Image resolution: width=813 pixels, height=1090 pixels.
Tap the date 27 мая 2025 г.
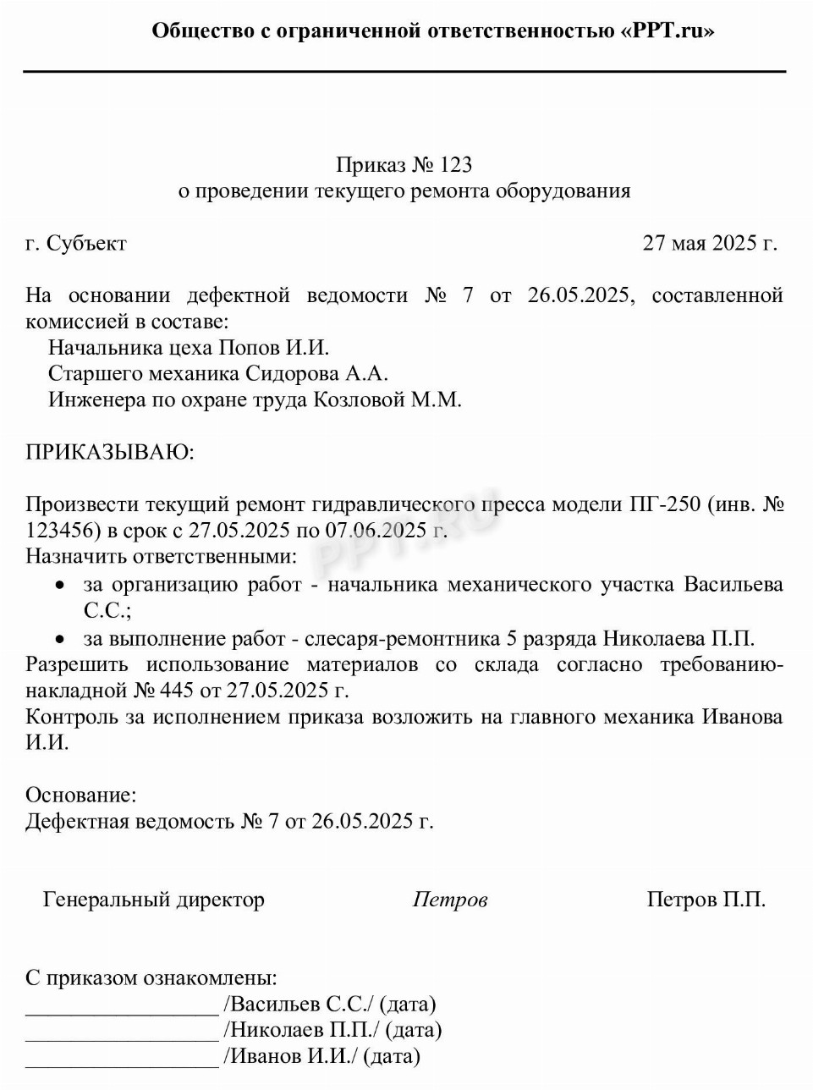click(709, 243)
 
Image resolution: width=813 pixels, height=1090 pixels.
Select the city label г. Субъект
click(76, 243)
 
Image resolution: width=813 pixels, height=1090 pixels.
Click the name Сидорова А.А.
click(317, 373)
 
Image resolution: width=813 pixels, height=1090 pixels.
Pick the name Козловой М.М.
click(388, 399)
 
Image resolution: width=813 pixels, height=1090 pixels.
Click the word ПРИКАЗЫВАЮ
click(109, 452)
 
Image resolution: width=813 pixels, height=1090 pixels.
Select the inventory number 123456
click(60, 531)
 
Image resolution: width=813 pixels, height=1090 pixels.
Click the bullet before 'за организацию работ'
click(59, 585)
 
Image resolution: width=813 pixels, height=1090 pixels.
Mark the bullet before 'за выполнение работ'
click(59, 639)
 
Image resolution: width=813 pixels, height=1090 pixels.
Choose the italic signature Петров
click(449, 900)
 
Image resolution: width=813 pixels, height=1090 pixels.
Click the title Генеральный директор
click(154, 900)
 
